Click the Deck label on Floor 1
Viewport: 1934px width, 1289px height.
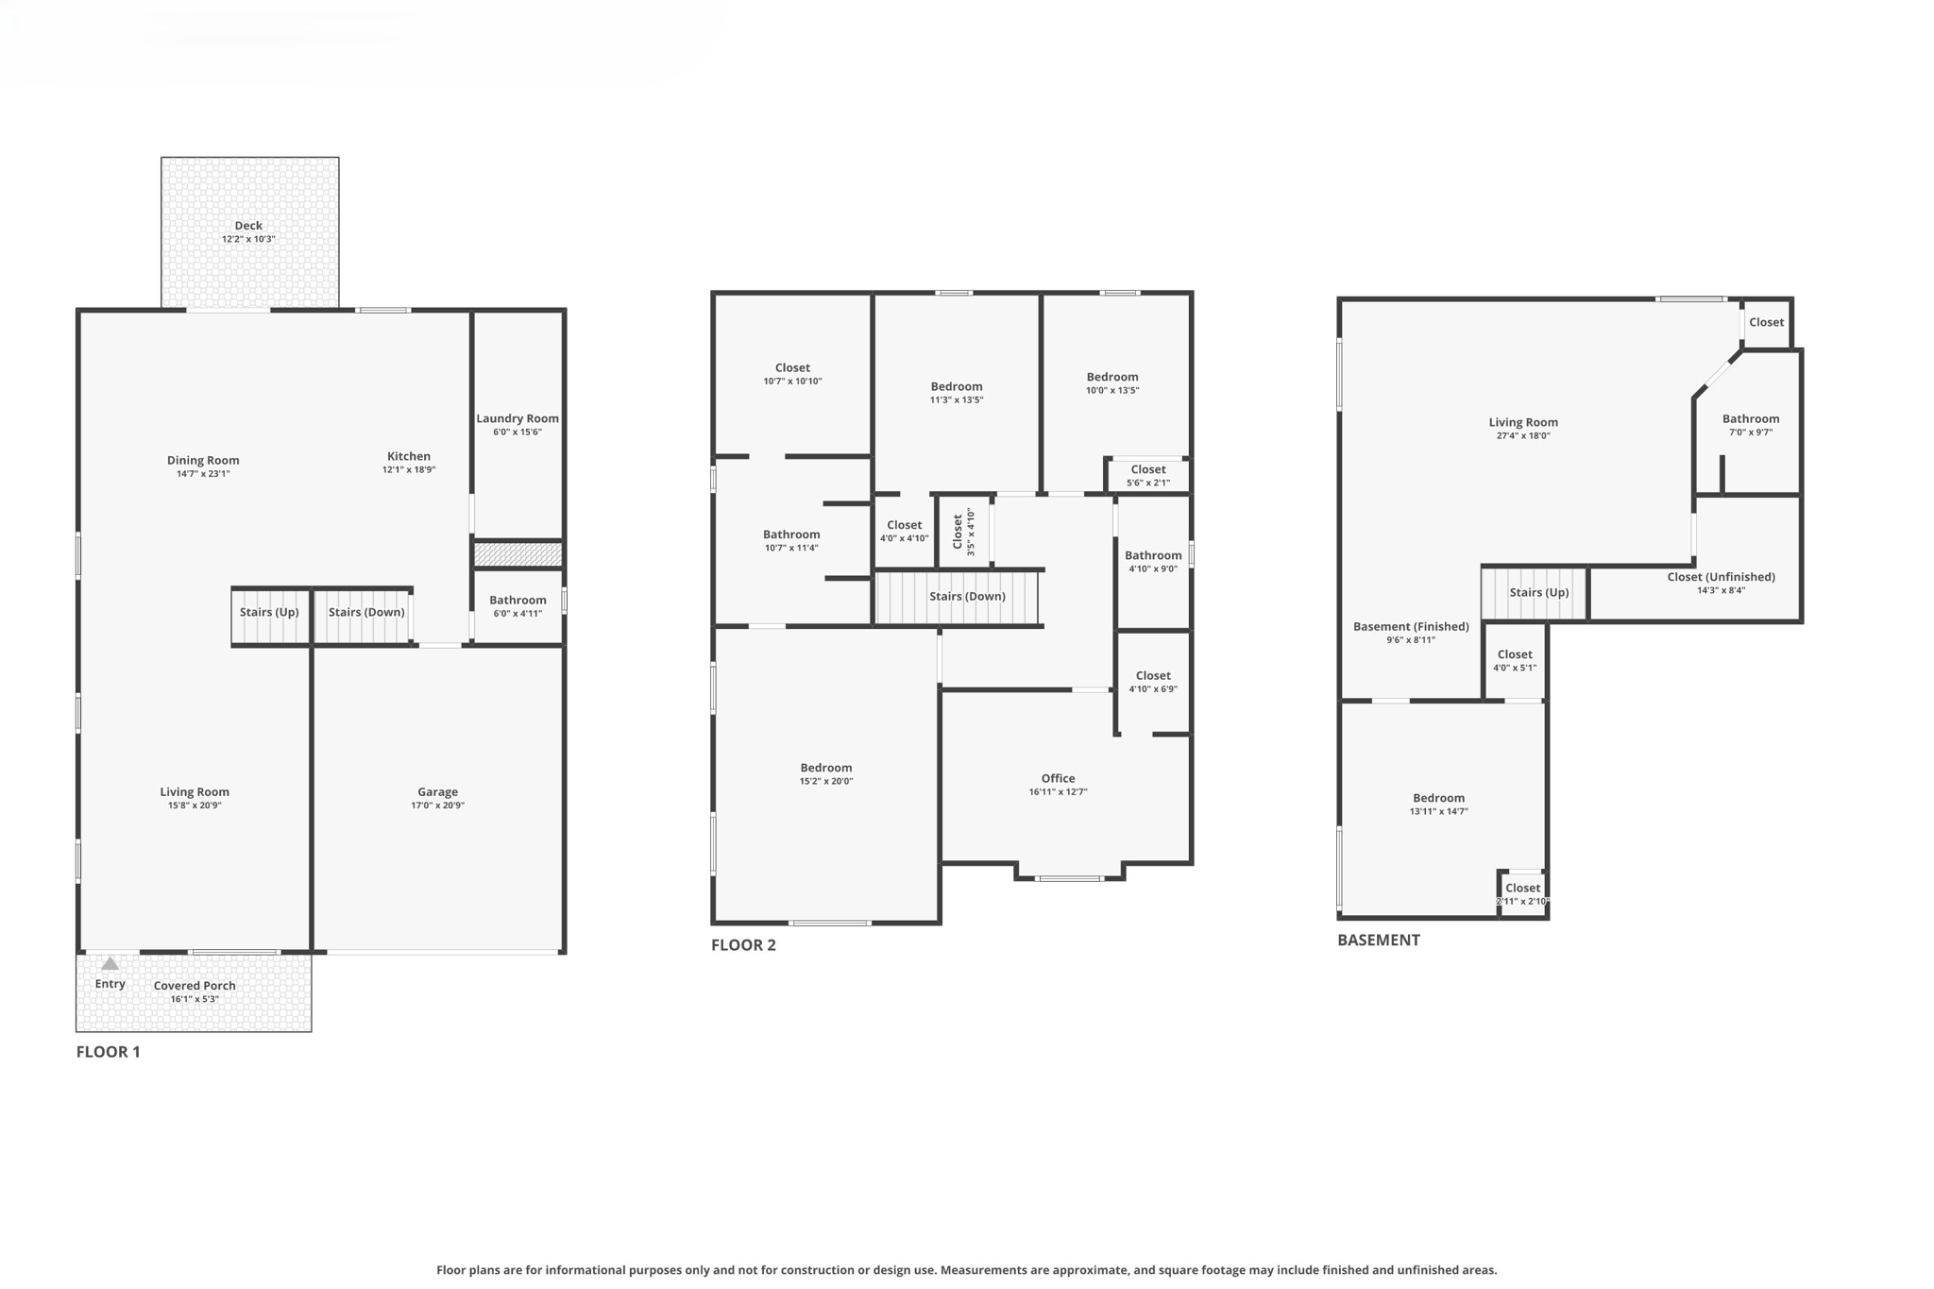coord(248,226)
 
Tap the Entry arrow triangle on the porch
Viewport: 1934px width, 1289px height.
coord(110,964)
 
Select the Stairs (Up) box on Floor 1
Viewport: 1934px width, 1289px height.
coord(269,613)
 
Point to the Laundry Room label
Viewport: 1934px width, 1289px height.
coord(517,418)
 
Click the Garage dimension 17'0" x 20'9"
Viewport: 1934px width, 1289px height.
coord(437,806)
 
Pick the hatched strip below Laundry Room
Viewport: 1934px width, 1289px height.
coord(517,554)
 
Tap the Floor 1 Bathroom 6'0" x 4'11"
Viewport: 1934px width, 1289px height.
coord(517,605)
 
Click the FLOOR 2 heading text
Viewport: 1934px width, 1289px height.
coord(743,945)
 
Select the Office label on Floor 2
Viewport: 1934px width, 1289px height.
coord(1058,778)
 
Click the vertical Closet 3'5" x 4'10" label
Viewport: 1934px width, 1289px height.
coord(962,532)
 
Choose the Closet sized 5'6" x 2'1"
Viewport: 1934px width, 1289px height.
coord(1147,475)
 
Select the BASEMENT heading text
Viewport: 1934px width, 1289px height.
coord(1378,941)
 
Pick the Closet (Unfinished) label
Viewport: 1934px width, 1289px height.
coord(1721,577)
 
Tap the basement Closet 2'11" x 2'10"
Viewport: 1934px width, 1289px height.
coord(1522,893)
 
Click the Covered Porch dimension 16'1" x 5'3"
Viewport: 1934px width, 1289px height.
coord(195,999)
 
